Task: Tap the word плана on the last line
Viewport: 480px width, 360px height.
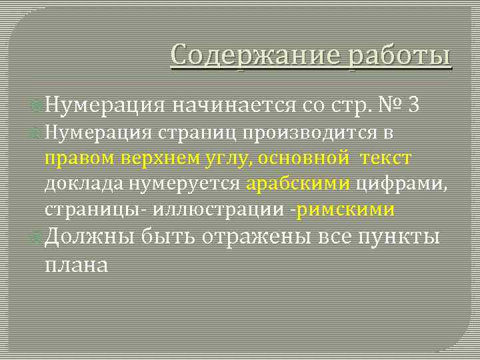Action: coord(75,264)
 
